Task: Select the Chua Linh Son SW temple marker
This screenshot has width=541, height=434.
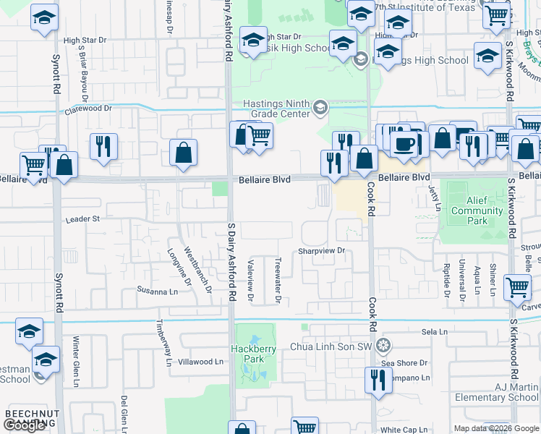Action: coord(383,344)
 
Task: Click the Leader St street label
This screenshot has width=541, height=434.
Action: coord(81,218)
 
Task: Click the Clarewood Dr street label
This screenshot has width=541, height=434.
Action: coord(90,109)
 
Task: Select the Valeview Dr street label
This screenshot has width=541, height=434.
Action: coord(251,280)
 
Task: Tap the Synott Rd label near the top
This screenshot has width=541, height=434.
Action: coord(56,72)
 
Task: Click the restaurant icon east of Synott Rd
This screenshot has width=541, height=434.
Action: coord(103,146)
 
